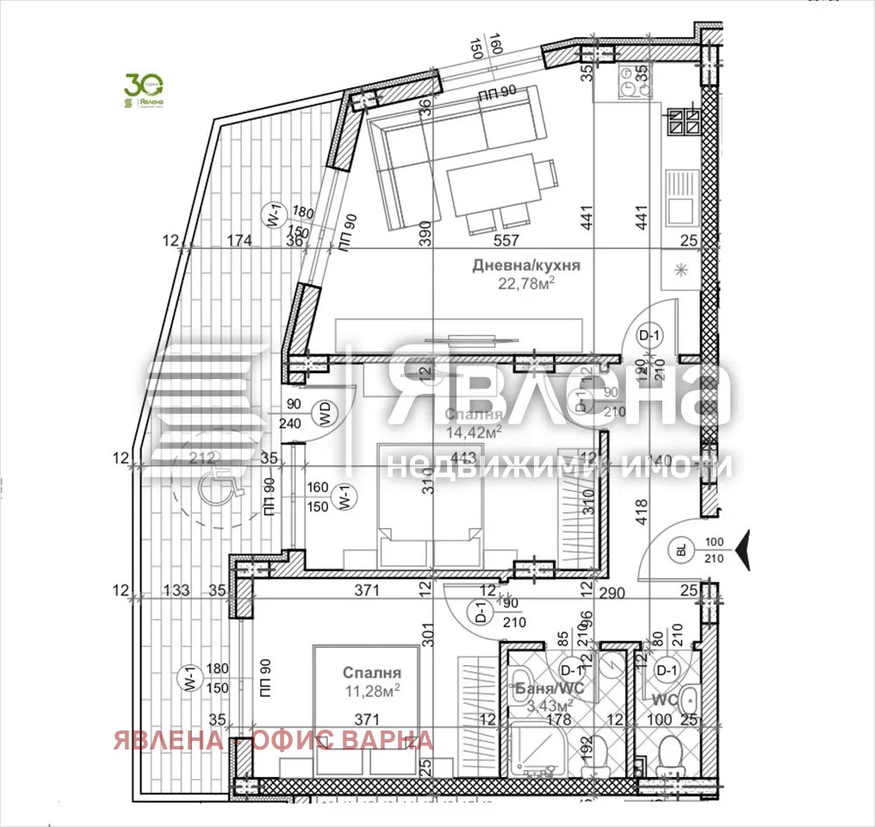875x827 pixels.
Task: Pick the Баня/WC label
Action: coord(545,688)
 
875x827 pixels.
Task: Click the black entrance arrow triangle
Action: coord(744,544)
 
